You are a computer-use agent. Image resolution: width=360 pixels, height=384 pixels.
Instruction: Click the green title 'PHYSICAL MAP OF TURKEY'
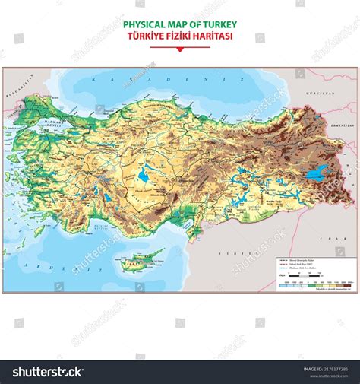(180, 25)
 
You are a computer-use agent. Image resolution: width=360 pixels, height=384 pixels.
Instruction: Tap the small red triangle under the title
(180, 49)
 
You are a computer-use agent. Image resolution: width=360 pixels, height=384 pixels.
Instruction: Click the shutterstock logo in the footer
(46, 372)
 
